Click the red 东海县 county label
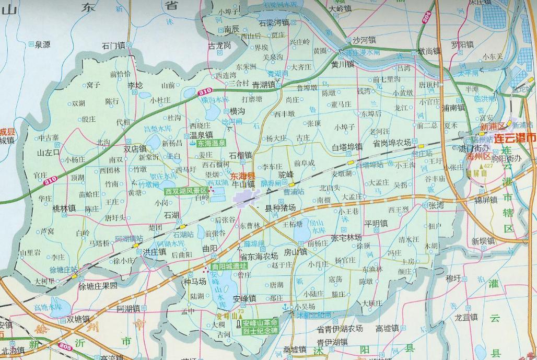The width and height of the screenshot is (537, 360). point(243,176)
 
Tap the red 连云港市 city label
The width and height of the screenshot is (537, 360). point(515,138)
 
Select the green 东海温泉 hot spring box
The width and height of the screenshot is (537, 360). point(211,143)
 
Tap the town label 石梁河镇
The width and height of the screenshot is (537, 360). point(274,23)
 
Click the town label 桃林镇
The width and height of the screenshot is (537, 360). point(64,208)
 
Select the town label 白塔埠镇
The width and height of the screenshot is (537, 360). point(347,147)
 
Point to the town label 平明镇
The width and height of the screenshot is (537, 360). point(376,224)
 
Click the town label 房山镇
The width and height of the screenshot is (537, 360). point(295,251)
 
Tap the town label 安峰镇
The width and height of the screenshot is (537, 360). point(244,299)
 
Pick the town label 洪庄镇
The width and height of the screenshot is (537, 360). point(155,251)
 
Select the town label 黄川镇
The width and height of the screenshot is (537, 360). point(343,65)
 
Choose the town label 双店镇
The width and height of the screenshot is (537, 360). point(135,149)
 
